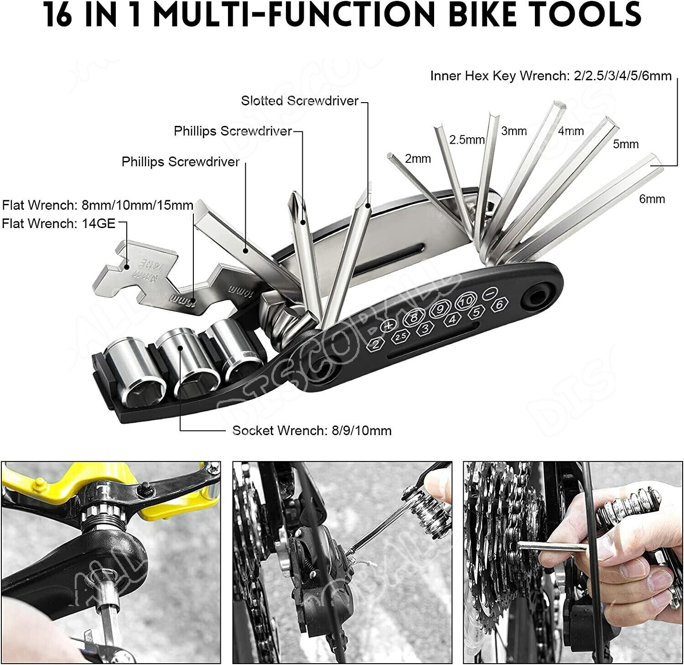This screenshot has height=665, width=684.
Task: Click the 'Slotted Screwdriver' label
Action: click(x=300, y=101)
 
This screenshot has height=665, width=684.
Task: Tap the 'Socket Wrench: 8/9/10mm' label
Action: click(x=312, y=430)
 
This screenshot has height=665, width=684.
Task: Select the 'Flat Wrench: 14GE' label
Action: click(x=59, y=223)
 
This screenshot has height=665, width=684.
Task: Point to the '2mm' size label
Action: click(x=418, y=159)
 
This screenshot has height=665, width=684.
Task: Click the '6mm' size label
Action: click(x=652, y=199)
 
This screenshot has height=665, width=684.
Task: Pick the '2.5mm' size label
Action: click(x=466, y=140)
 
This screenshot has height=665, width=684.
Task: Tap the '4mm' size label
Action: click(x=570, y=131)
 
